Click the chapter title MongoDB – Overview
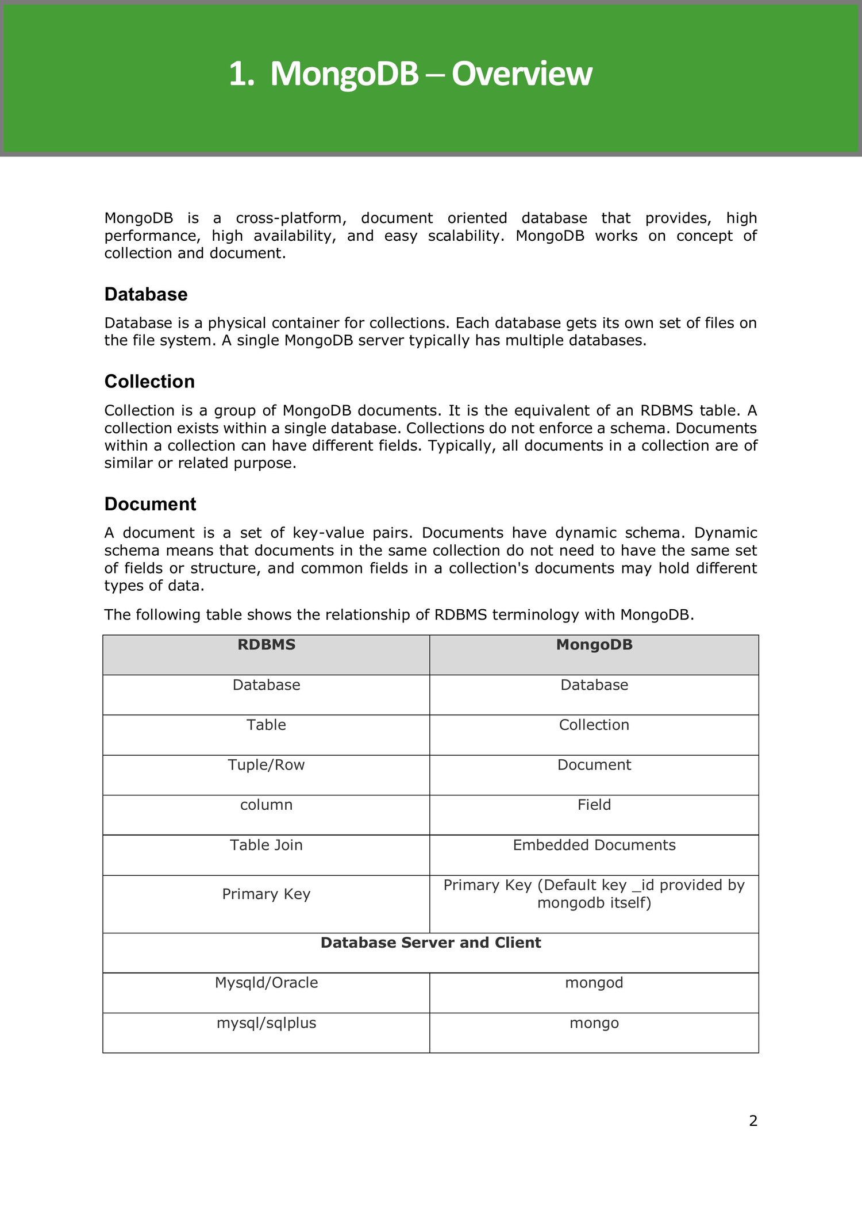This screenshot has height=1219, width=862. pos(431,74)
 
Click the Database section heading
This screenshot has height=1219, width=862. pos(146,294)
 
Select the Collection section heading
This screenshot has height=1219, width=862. pos(149,382)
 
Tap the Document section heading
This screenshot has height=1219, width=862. pos(150,504)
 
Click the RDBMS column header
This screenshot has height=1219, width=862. pos(266,645)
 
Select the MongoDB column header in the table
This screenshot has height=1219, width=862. pos(594,645)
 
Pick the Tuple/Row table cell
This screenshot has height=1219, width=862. pos(266,765)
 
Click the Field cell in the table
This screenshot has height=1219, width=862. pos(594,805)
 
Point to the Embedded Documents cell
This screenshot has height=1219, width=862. pos(594,845)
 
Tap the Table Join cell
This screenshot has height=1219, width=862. pos(266,845)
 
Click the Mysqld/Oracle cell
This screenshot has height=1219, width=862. pos(266,983)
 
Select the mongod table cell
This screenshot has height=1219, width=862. pos(594,983)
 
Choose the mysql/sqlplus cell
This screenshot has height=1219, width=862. pos(266,1023)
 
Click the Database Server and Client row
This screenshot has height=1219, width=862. pos(430,943)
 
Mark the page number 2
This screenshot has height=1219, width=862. pos(753,1121)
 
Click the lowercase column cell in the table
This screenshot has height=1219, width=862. pos(266,805)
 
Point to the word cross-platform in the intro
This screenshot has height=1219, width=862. pos(291,218)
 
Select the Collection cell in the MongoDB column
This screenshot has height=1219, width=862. pos(594,725)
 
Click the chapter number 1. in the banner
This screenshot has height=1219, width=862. pos(241,74)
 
